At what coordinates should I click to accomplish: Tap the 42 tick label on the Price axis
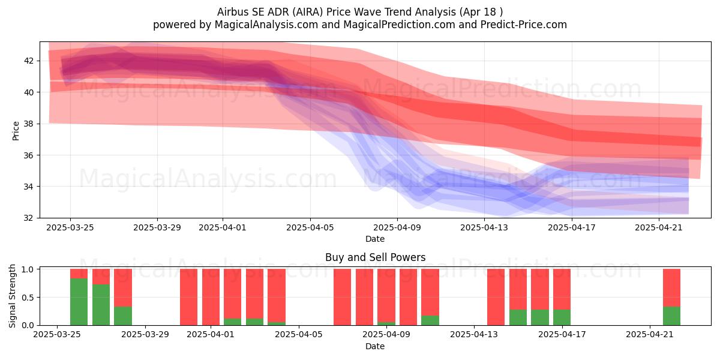click(29, 61)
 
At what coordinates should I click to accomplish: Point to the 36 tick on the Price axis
click(29, 155)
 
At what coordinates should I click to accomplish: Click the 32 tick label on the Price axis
click(29, 218)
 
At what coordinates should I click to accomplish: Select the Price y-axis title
click(16, 131)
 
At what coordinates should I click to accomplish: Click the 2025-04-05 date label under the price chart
click(310, 228)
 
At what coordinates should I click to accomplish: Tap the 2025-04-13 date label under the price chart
click(484, 228)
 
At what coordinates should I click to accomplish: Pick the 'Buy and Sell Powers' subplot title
click(375, 257)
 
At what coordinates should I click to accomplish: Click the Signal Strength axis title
click(12, 296)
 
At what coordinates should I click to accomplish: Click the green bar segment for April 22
click(671, 316)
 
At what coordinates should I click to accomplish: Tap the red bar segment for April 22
click(671, 288)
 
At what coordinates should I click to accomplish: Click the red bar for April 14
click(496, 297)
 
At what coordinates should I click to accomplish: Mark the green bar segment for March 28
click(123, 316)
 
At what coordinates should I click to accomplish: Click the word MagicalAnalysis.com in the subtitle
click(266, 25)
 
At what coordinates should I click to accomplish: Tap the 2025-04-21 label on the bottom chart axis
click(650, 335)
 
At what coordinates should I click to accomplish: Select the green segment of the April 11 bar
click(430, 320)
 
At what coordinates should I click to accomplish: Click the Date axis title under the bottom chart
click(375, 346)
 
